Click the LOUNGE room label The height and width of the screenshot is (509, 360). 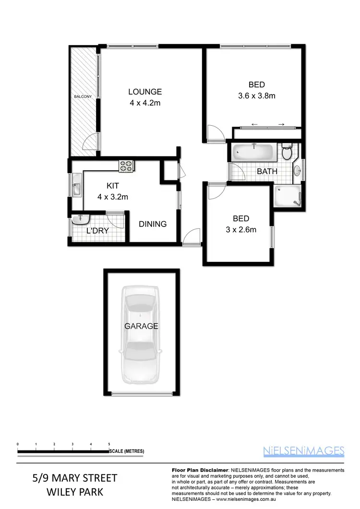144,92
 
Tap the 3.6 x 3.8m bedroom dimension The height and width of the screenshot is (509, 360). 256,95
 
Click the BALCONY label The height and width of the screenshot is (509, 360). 83,97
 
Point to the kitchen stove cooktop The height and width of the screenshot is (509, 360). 126,166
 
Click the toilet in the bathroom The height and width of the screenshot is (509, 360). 287,153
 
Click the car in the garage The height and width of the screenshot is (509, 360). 140,334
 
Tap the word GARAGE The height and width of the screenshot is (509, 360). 141,326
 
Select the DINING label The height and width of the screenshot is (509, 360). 153,224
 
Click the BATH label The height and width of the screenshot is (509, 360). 266,171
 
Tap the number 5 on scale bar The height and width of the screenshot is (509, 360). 109,444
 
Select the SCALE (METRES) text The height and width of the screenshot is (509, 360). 127,451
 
